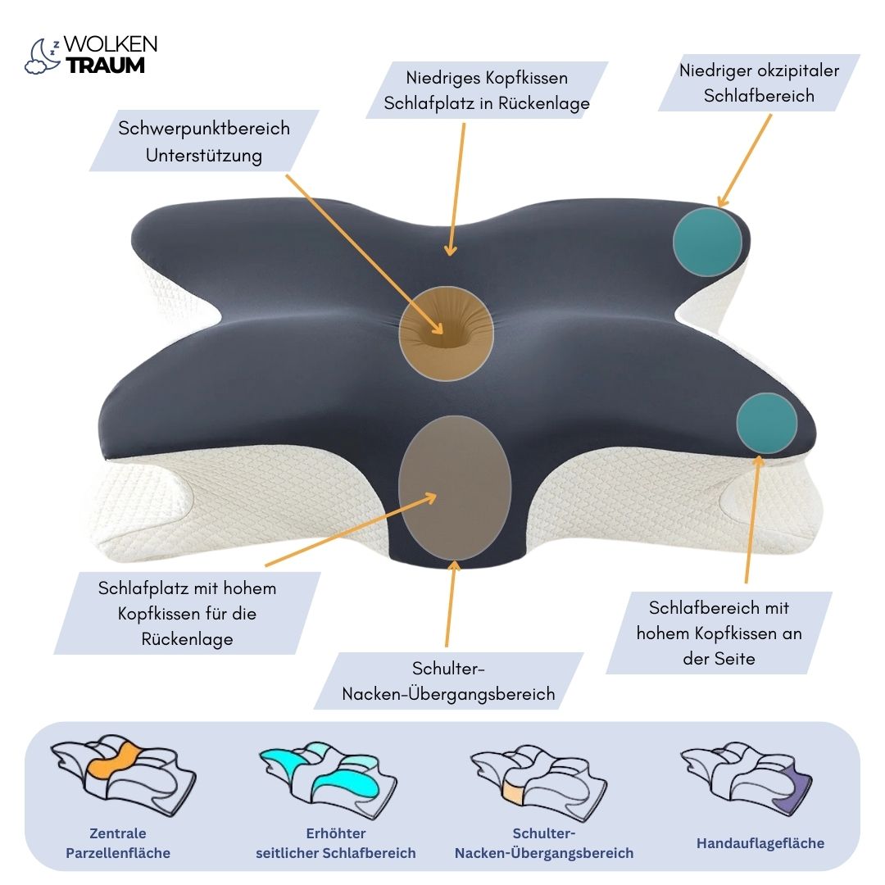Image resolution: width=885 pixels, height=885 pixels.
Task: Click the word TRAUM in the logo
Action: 105,66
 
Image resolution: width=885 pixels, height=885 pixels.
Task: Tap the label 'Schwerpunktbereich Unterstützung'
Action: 204,141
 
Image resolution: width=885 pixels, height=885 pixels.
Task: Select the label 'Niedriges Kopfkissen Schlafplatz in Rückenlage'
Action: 487,90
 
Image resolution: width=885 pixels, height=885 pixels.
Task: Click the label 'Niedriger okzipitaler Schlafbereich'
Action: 759,83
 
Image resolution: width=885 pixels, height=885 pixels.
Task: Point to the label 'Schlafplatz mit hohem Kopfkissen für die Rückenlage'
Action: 187,613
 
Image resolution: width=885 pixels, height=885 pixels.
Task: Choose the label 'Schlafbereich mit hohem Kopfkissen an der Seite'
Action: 719,633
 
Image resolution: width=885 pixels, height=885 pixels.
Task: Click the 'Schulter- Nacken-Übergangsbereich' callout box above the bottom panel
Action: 448,681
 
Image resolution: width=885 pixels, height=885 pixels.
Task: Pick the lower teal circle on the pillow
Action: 766,424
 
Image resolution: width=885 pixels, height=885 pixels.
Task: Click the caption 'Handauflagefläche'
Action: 760,842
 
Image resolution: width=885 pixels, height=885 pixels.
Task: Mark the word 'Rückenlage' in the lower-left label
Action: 187,638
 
